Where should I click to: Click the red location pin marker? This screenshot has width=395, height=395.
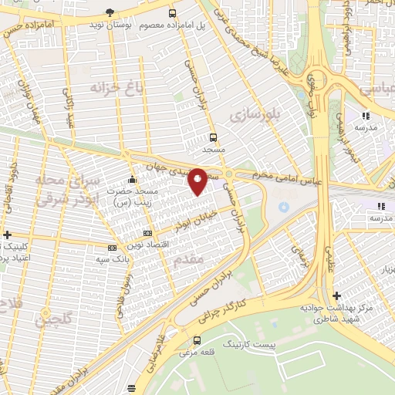pyautogui.click(x=197, y=181)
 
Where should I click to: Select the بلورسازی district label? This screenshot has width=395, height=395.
pyautogui.click(x=252, y=115)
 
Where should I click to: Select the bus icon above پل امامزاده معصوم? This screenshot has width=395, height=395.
pyautogui.click(x=173, y=13)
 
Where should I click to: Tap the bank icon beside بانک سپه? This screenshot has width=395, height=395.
pyautogui.click(x=112, y=248)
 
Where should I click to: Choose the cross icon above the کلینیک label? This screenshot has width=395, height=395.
pyautogui.click(x=7, y=235)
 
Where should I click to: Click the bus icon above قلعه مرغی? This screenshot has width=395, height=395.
pyautogui.click(x=197, y=340)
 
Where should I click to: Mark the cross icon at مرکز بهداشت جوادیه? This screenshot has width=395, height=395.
pyautogui.click(x=336, y=295)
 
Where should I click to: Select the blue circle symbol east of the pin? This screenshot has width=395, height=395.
pyautogui.click(x=283, y=207)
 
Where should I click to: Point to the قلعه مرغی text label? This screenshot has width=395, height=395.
pyautogui.click(x=197, y=353)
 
